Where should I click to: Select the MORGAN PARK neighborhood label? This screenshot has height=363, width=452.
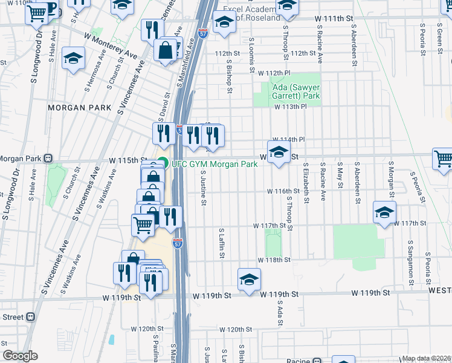[x=80, y=107]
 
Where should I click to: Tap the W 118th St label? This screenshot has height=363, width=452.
[x=274, y=260]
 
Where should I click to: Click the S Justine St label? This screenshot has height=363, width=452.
[x=203, y=188]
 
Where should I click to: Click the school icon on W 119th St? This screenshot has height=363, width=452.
[x=248, y=279]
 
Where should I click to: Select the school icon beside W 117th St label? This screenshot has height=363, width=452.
[x=384, y=212]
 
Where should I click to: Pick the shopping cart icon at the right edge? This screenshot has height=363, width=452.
[x=443, y=158]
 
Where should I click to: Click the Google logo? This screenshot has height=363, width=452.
[x=20, y=356]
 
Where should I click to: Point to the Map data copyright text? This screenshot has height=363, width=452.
[x=427, y=358]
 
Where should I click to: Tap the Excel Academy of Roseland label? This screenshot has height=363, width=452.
[x=253, y=14]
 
